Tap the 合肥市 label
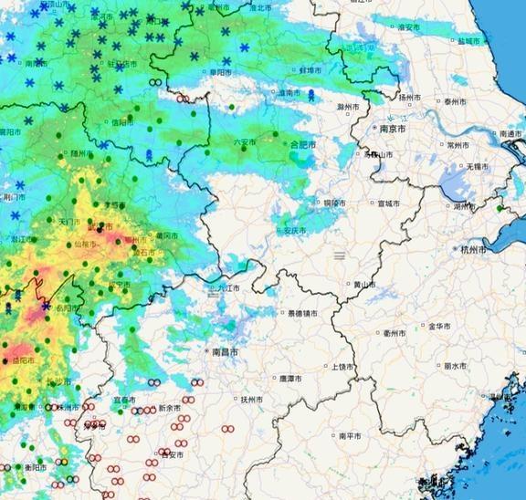click(303, 145)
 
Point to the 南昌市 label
click(225, 351)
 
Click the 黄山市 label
click(364, 285)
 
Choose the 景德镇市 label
click(303, 314)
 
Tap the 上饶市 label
click(342, 367)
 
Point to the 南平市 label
click(351, 436)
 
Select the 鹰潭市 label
click(292, 378)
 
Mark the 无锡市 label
click(478, 167)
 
